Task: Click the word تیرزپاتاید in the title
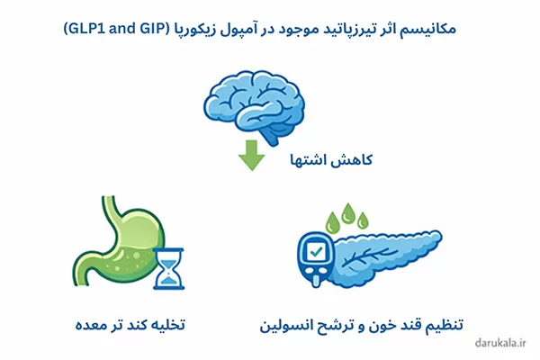click(x=346, y=29)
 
